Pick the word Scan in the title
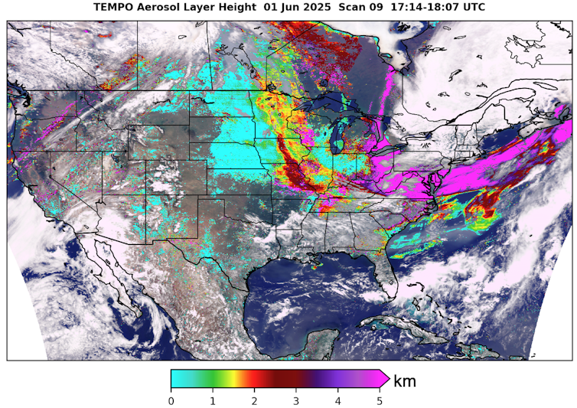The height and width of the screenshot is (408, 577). tap(376, 7)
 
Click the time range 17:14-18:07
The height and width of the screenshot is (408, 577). tap(451, 7)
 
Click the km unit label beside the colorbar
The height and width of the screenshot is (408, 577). tap(404, 380)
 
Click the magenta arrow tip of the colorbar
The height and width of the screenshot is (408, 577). tap(385, 379)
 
